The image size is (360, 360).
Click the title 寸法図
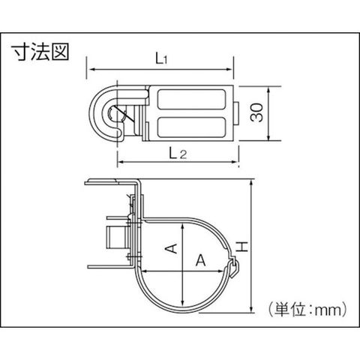pyautogui.click(x=40, y=52)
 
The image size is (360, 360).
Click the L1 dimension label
pyautogui.click(x=161, y=59)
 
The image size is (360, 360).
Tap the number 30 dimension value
pyautogui.click(x=257, y=112)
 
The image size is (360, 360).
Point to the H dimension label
pyautogui.click(x=242, y=247)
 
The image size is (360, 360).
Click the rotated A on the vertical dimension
pyautogui.click(x=171, y=249)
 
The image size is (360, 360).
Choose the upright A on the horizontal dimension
pyautogui.click(x=200, y=260)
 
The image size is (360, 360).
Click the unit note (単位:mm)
pyautogui.click(x=307, y=310)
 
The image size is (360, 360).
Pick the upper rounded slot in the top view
pyautogui.click(x=191, y=99)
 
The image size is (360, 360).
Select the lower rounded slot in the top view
pyautogui.click(x=191, y=127)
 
